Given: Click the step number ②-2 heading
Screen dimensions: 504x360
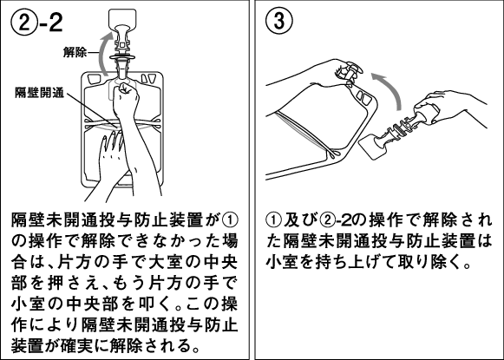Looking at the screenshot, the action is [37, 23].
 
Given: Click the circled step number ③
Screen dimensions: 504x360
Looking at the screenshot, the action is [279, 21].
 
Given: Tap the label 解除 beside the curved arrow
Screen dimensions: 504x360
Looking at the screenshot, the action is [75, 52].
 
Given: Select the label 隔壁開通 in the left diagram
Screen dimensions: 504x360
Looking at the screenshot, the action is [40, 93].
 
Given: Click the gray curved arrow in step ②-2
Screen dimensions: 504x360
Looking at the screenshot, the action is [104, 54].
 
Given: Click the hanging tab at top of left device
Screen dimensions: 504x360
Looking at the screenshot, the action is [122, 20].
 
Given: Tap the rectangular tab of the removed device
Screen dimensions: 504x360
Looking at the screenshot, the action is [373, 146].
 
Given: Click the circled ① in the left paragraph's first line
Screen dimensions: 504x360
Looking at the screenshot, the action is [230, 220].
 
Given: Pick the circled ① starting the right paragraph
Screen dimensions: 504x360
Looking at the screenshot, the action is [273, 220].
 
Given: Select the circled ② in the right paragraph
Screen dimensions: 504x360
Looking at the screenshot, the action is [327, 220].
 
